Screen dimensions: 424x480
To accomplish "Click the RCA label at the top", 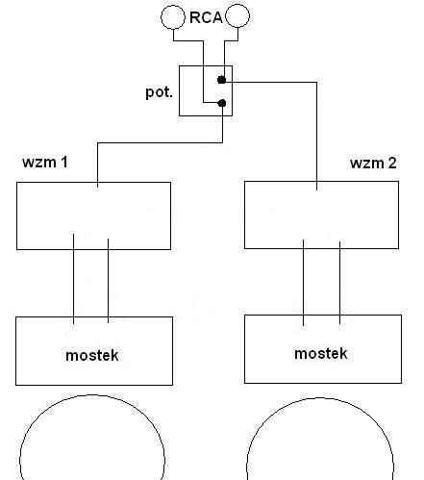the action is coord(206,17).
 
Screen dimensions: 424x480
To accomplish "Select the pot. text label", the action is coord(159,92).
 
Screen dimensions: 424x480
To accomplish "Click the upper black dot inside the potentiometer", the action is coord(221,80).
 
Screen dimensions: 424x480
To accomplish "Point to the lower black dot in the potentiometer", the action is coord(222,103).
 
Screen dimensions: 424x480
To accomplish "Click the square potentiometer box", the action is coord(179,90).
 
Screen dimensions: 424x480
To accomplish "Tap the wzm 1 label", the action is coord(45,162).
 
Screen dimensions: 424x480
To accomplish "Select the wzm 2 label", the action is coord(373,163).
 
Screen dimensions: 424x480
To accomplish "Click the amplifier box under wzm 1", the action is coord(16,215).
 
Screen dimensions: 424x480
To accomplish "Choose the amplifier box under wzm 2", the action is coord(244,215).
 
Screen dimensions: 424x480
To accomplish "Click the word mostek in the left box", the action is coord(92,355).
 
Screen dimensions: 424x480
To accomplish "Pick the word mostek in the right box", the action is coord(321,353).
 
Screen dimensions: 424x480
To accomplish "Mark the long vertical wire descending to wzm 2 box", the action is coord(316,137).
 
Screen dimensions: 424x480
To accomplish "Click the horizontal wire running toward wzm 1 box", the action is coord(160,142).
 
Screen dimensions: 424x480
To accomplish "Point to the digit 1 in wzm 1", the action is coord(64,162).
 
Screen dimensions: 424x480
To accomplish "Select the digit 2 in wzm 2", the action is coord(392,163).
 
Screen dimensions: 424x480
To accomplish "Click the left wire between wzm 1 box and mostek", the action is coord(74,279).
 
